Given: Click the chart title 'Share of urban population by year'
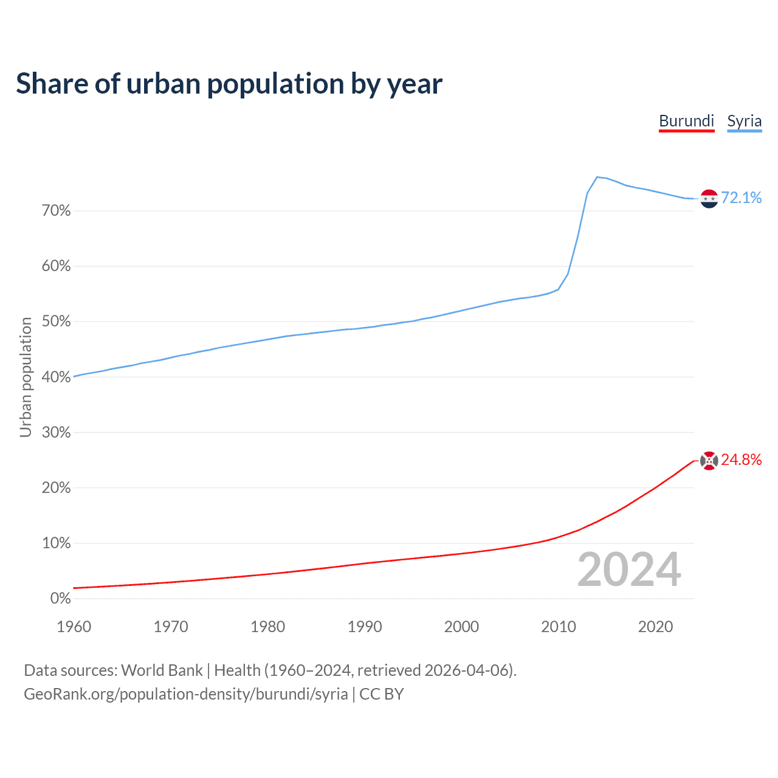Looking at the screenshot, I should click(x=229, y=84).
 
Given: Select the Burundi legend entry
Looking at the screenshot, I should click(x=686, y=121).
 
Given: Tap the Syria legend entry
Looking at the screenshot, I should click(x=744, y=121).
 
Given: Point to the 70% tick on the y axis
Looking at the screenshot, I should click(x=56, y=211).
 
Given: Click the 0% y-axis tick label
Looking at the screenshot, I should click(x=60, y=599).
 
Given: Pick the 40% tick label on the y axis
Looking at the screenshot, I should click(x=56, y=377).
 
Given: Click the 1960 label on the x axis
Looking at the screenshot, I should click(x=74, y=627).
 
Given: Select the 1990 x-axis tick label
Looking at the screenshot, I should click(x=365, y=627).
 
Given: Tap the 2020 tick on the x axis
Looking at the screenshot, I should click(x=655, y=627).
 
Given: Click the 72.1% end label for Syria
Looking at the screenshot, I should click(x=741, y=198).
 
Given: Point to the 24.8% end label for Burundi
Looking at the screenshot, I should click(x=741, y=460).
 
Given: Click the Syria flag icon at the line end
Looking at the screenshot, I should click(x=709, y=199).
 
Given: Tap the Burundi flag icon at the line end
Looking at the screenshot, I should click(x=709, y=461).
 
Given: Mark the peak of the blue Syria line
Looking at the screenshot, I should click(x=597, y=177).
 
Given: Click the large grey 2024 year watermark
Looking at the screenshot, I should click(x=629, y=570).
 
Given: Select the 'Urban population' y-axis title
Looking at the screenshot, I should click(x=26, y=377).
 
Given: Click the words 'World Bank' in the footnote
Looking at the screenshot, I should click(x=162, y=670).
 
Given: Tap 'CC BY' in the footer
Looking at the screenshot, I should click(x=382, y=694).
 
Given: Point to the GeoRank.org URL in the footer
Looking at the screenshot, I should click(x=186, y=694).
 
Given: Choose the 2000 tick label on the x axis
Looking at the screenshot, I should click(x=461, y=627).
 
